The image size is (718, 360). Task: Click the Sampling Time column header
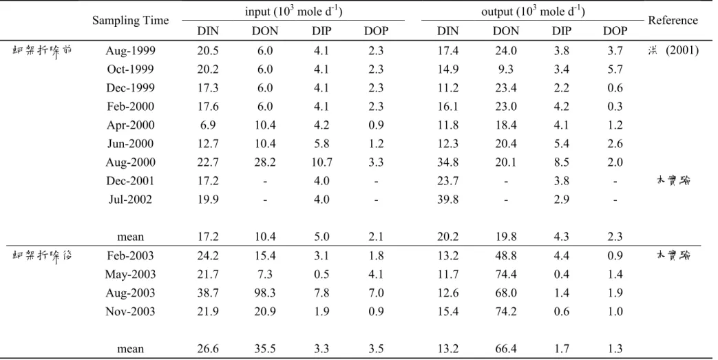pyautogui.click(x=131, y=21)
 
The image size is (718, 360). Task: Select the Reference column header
pyautogui.click(x=673, y=21)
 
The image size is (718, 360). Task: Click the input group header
pyautogui.click(x=293, y=12)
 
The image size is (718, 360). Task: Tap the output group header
pyautogui.click(x=533, y=12)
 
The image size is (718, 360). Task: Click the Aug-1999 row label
pyautogui.click(x=131, y=50)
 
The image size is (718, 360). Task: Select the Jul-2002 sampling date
pyautogui.click(x=131, y=199)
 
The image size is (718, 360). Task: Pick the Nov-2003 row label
pyautogui.click(x=131, y=311)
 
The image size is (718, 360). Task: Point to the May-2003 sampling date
pyautogui.click(x=131, y=275)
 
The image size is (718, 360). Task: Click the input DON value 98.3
pyautogui.click(x=264, y=293)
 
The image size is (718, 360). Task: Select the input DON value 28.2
pyautogui.click(x=264, y=162)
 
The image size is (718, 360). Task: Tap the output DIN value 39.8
pyautogui.click(x=448, y=199)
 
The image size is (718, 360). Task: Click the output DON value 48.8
pyautogui.click(x=506, y=255)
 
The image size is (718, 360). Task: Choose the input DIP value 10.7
pyautogui.click(x=321, y=162)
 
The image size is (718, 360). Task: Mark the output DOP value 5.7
pyautogui.click(x=615, y=69)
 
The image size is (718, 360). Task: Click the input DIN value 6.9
pyautogui.click(x=208, y=125)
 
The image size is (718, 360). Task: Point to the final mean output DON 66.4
pyautogui.click(x=506, y=349)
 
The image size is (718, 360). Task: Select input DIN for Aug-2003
pyautogui.click(x=208, y=293)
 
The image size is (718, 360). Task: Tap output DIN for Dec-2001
pyautogui.click(x=448, y=181)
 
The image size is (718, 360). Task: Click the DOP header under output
pyautogui.click(x=615, y=31)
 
